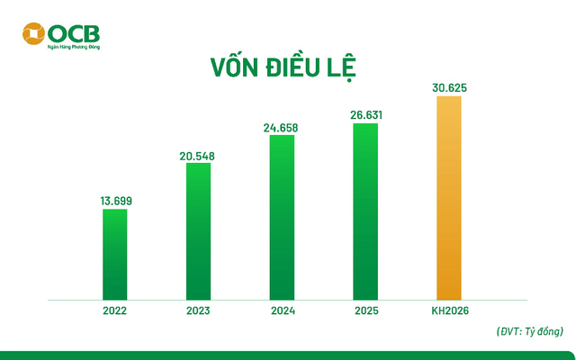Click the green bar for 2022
click(115, 253)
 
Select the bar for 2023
click(199, 230)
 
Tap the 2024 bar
click(283, 216)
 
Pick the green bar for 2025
click(365, 210)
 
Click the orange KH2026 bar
click(449, 196)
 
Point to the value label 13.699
click(116, 200)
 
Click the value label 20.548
click(199, 156)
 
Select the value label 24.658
click(283, 128)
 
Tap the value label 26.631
click(365, 115)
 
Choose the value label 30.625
click(449, 88)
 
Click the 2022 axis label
click(115, 310)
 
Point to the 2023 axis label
click(199, 310)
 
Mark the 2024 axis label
click(283, 310)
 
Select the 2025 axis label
click(365, 310)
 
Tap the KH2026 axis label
click(449, 310)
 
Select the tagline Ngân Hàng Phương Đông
click(75, 45)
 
